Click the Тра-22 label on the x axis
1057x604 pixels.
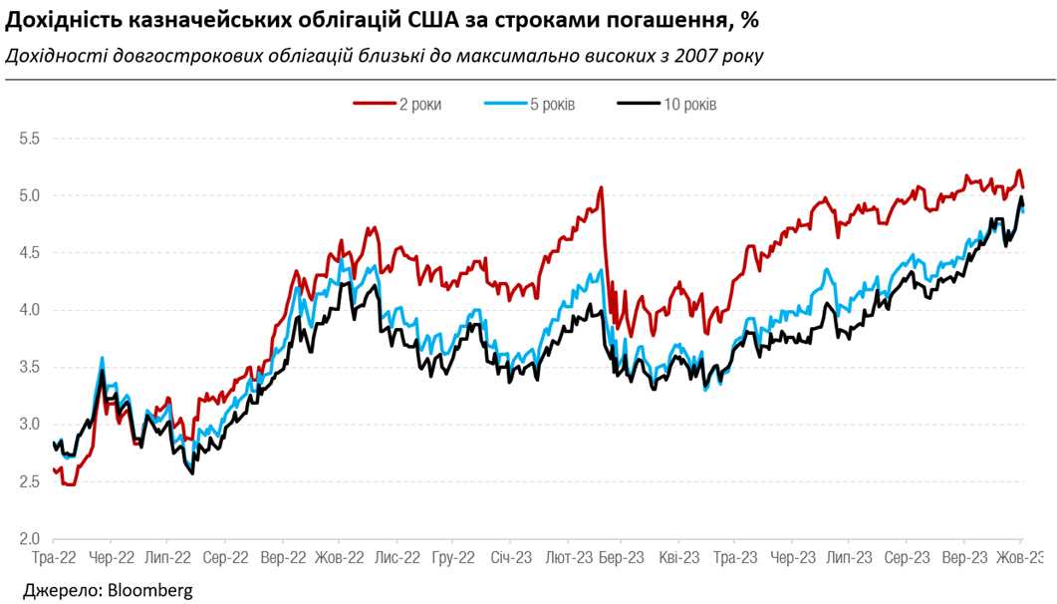coord(54,558)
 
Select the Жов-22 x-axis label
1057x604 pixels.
coord(339,558)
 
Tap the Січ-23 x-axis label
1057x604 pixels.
coord(509,558)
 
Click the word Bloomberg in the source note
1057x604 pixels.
coord(145,590)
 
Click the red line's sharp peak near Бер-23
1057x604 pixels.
coord(601,187)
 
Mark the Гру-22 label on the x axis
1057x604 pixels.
coord(452,558)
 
